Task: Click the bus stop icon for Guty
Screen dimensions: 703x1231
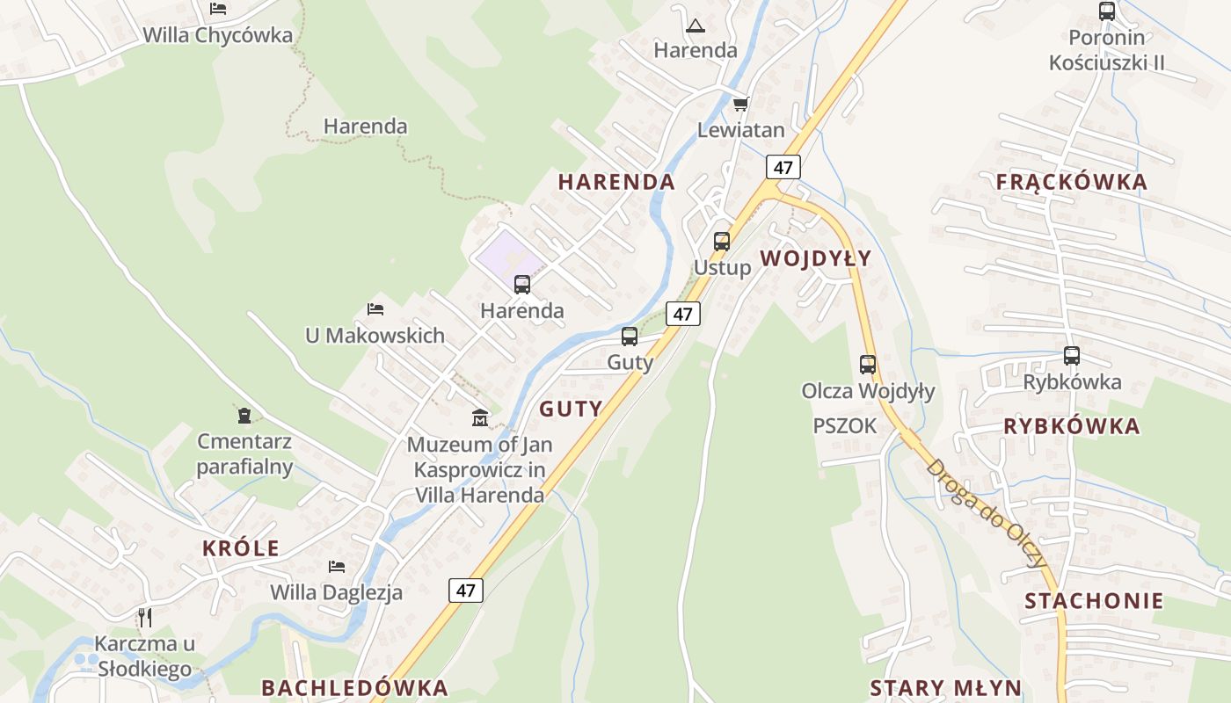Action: tap(629, 336)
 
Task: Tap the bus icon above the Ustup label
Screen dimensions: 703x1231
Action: tap(722, 241)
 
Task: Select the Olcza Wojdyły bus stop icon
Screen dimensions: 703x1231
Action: tap(868, 364)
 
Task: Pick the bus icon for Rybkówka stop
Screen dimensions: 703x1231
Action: tap(1071, 356)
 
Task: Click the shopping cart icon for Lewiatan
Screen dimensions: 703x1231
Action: tap(740, 105)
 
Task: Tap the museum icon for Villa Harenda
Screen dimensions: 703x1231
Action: tap(479, 417)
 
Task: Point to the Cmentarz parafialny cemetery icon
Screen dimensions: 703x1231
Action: tap(244, 414)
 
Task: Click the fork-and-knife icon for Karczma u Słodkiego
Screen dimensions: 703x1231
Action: tap(145, 617)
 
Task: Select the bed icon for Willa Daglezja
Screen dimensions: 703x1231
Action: tap(336, 566)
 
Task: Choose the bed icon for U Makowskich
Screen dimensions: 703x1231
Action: tap(375, 309)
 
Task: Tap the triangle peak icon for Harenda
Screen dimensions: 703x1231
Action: tap(695, 25)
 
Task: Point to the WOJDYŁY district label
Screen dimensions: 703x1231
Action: tap(815, 257)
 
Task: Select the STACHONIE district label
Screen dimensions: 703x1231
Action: tap(1094, 601)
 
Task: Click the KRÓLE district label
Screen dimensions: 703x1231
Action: tap(240, 548)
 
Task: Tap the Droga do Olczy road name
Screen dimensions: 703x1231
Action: tap(986, 512)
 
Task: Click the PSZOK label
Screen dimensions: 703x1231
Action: tap(844, 425)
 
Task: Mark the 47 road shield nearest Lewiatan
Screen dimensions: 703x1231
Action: tap(783, 167)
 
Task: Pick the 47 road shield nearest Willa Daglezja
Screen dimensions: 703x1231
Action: tap(465, 591)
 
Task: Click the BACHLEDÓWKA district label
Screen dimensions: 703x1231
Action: tap(354, 687)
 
